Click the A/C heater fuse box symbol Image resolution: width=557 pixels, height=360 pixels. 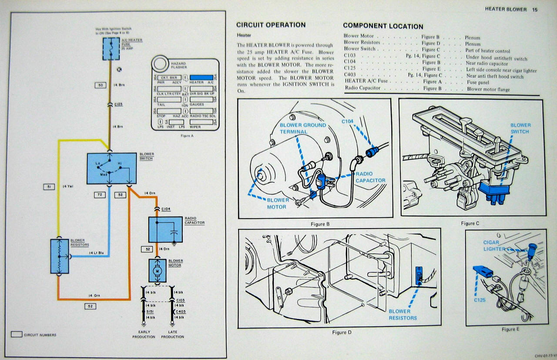111,49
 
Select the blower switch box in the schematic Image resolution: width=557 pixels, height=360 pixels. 112,168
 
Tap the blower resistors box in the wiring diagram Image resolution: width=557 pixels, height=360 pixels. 60,256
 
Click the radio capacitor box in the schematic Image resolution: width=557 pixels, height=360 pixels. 166,229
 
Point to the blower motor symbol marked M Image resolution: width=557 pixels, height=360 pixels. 158,271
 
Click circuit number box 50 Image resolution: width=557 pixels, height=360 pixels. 101,85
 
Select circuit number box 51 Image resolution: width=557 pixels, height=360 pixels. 49,187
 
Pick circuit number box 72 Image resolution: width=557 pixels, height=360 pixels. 100,195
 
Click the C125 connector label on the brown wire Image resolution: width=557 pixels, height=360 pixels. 118,105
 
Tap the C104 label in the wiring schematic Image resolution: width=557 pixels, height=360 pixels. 166,209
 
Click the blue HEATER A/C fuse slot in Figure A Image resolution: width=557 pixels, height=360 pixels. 201,77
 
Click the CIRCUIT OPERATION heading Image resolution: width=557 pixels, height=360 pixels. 271,25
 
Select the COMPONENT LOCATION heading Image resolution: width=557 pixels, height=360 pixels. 383,26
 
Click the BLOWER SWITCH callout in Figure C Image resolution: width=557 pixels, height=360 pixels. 520,128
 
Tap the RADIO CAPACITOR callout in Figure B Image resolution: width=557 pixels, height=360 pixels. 370,177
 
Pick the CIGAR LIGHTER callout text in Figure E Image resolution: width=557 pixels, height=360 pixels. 493,246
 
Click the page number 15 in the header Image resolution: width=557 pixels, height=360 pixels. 534,10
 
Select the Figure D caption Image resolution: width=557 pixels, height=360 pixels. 342,333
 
